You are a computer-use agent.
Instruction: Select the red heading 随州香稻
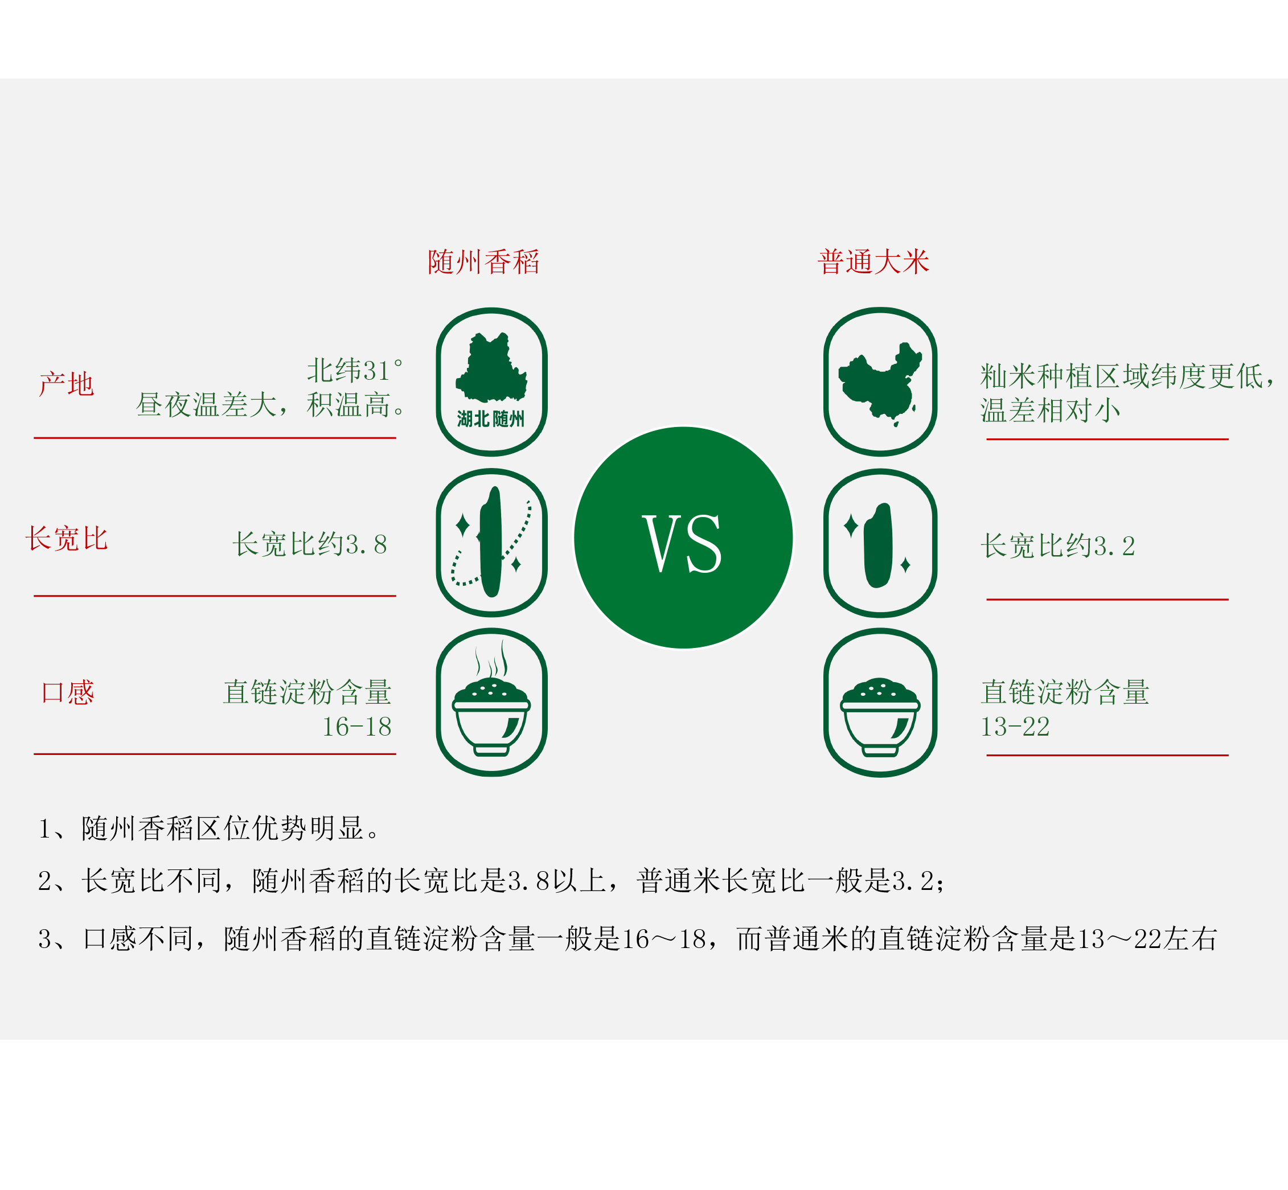point(483,262)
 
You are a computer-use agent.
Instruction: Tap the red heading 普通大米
point(873,262)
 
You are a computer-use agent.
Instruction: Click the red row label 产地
point(66,384)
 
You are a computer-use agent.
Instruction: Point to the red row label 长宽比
point(66,538)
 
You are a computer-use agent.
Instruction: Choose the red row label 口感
point(68,692)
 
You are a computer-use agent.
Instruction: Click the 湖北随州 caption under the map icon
point(491,419)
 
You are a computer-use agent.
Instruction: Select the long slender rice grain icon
point(491,542)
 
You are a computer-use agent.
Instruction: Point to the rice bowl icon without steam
point(880,715)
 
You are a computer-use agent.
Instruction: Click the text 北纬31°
point(355,370)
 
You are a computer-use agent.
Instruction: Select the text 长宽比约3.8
point(310,544)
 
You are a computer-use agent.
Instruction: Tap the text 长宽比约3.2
point(1057,546)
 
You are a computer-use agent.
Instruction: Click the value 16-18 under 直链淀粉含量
point(357,727)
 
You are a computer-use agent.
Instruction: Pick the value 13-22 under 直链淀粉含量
point(1015,727)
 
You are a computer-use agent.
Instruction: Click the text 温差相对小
point(1050,410)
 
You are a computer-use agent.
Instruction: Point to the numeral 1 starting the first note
point(44,829)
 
